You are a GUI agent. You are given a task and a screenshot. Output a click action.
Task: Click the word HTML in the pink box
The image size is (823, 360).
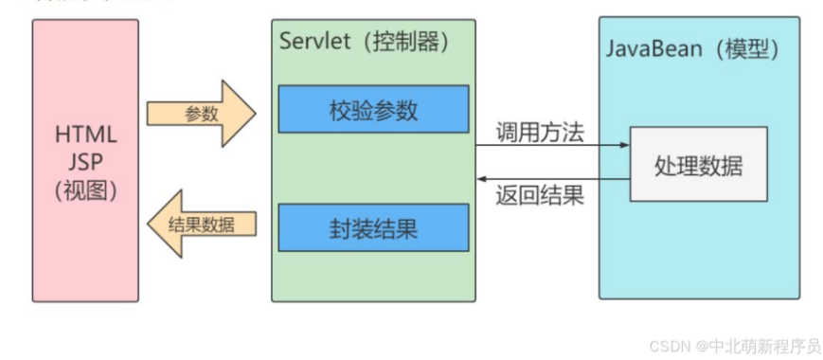click(x=85, y=135)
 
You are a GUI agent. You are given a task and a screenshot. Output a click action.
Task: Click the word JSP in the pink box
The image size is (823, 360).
click(x=85, y=162)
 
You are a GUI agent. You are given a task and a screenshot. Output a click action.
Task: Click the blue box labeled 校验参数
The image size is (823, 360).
click(x=373, y=110)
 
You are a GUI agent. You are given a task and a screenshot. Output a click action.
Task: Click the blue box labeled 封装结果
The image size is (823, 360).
click(x=373, y=227)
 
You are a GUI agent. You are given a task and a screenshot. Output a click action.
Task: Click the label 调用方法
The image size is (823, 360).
click(x=541, y=131)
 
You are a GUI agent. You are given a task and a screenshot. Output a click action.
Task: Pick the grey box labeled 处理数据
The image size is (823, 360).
click(x=698, y=165)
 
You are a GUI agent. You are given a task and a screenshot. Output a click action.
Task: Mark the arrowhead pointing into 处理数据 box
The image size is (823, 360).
click(x=624, y=146)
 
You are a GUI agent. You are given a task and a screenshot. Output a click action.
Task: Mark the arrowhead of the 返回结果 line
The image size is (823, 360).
click(x=481, y=178)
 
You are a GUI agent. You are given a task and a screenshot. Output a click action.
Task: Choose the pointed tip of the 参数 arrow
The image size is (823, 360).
click(x=254, y=114)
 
